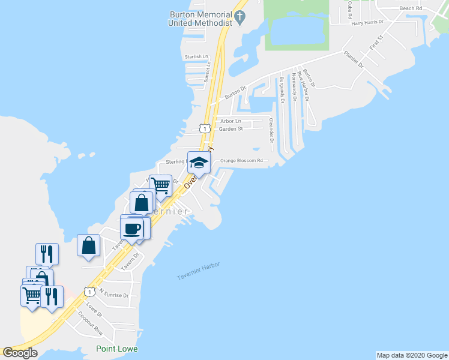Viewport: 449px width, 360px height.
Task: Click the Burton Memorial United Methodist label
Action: pos(200,18)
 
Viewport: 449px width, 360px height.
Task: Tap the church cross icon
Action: pos(241,16)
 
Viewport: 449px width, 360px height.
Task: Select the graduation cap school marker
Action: pos(199,162)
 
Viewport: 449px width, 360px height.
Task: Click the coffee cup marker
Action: pos(132,228)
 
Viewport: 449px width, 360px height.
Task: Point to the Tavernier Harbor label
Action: pos(199,271)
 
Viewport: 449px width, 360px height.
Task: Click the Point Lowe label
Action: pos(117,349)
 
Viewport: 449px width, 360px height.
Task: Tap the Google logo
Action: pos(20,352)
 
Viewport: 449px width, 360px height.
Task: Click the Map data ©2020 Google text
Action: pos(411,355)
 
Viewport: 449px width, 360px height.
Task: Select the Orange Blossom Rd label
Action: pos(241,160)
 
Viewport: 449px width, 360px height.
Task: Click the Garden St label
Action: pos(231,128)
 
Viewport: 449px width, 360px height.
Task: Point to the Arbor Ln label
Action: pos(231,121)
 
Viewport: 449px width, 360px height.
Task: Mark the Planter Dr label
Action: pos(354,60)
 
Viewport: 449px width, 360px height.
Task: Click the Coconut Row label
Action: pos(90,323)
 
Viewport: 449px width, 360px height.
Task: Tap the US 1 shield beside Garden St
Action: pos(205,128)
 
